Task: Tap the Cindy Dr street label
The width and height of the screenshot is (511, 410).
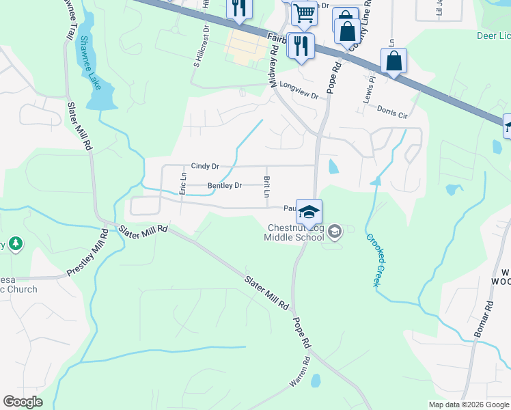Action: pyautogui.click(x=205, y=166)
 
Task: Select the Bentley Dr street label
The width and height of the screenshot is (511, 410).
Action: pyautogui.click(x=225, y=185)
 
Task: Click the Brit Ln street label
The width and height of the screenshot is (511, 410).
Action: pyautogui.click(x=266, y=185)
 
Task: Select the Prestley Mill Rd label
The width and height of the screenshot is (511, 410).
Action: pyautogui.click(x=88, y=253)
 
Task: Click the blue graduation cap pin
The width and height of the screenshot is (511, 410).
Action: pyautogui.click(x=309, y=212)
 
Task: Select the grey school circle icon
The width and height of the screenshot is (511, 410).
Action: pyautogui.click(x=335, y=232)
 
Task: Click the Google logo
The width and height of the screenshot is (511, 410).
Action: pyautogui.click(x=23, y=402)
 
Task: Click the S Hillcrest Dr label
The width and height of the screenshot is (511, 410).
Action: pyautogui.click(x=202, y=46)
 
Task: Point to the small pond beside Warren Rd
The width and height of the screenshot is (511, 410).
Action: pyautogui.click(x=315, y=380)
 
